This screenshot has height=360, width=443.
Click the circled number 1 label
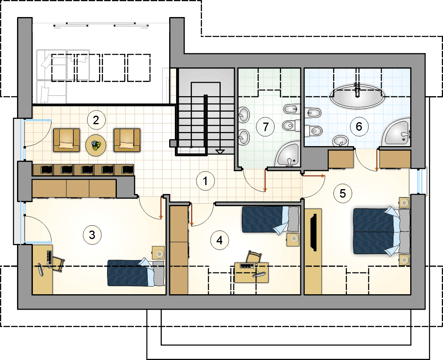(x=205, y=181)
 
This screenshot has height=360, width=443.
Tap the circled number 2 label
(x=96, y=121)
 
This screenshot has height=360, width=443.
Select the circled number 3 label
(x=92, y=235)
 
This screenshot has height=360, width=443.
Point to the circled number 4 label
(x=219, y=240)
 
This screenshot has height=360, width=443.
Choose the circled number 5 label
(x=343, y=194)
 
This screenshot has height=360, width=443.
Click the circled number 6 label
(x=359, y=126)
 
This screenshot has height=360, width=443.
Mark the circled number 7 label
(x=266, y=127)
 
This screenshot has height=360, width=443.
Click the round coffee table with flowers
(x=96, y=145)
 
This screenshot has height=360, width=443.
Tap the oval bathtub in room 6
(x=357, y=96)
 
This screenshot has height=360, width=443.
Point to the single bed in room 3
(x=136, y=273)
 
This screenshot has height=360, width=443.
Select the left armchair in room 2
(x=67, y=140)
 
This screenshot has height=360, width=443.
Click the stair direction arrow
(x=220, y=151)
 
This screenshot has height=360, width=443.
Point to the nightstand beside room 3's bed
(x=159, y=252)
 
